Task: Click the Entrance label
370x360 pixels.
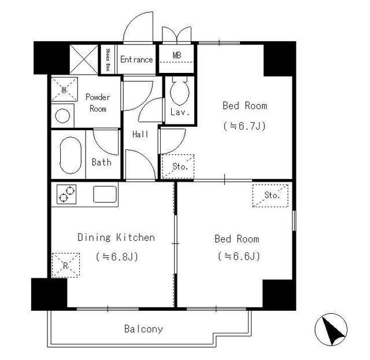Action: [136, 59]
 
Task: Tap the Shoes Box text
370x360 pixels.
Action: [108, 60]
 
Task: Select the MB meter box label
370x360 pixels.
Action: [177, 56]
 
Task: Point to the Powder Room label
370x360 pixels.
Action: [98, 103]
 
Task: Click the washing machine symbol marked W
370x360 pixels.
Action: [64, 90]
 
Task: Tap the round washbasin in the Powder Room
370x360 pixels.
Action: [62, 116]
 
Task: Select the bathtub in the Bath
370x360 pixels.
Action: [71, 155]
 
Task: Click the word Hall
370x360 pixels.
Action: [140, 134]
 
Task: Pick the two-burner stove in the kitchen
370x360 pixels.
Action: [66, 194]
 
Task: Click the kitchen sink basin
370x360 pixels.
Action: [105, 194]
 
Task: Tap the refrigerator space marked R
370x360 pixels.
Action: [66, 265]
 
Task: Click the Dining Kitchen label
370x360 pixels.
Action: [116, 237]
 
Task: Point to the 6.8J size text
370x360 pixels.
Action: [117, 257]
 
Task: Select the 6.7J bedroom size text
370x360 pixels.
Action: [245, 126]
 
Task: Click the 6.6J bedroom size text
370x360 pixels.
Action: [239, 256]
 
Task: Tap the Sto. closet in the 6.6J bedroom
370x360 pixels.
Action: [271, 196]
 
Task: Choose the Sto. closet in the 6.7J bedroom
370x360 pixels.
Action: [178, 167]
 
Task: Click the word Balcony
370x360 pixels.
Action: [143, 329]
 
